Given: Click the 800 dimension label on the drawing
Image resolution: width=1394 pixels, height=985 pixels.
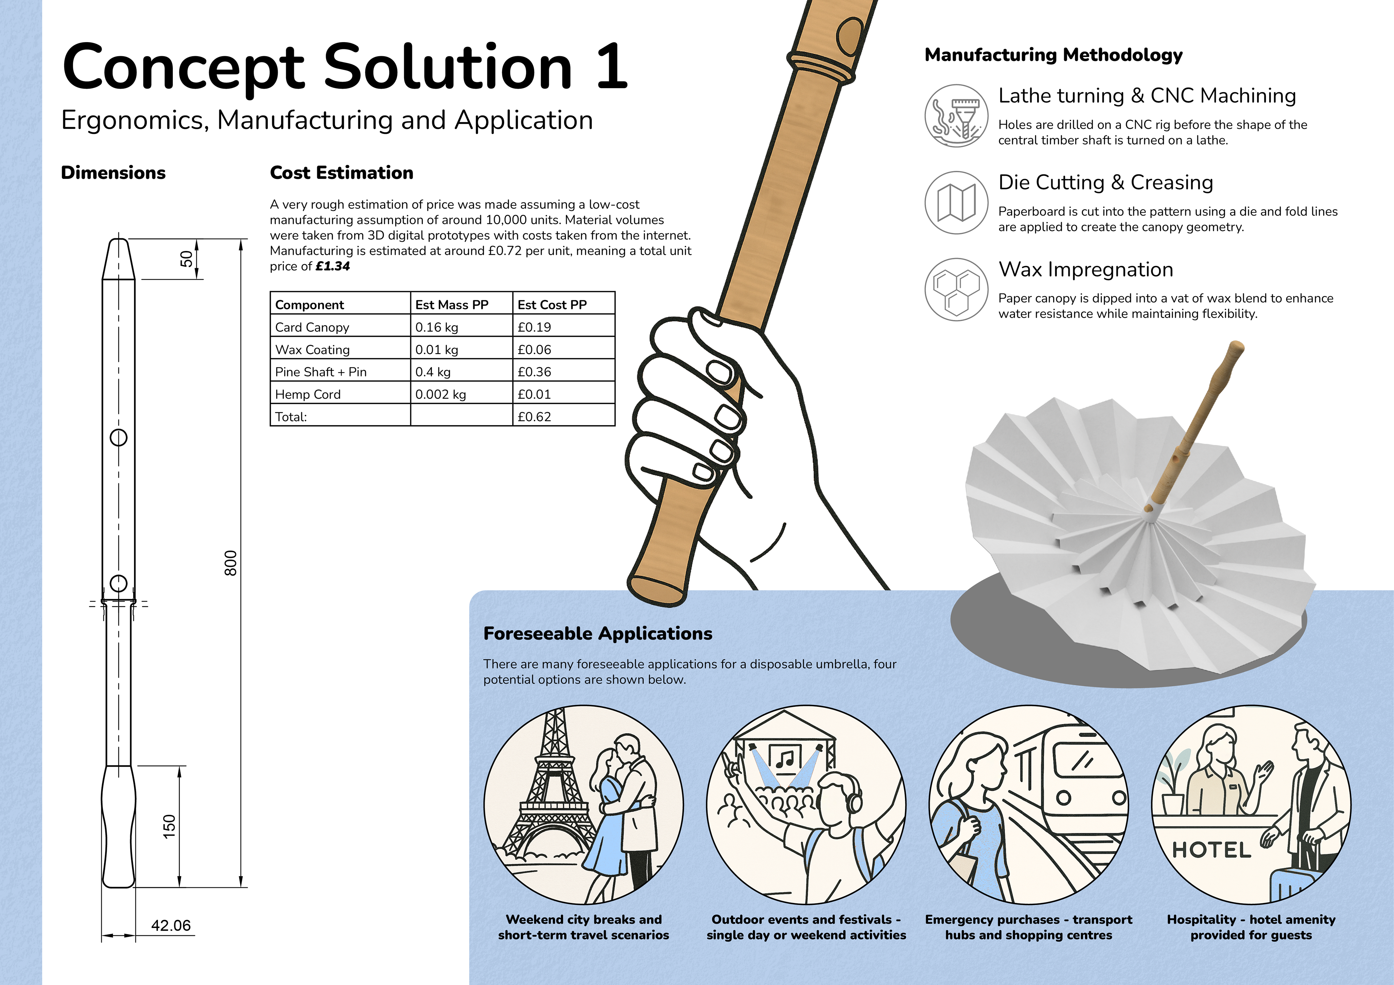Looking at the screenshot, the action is [x=231, y=563].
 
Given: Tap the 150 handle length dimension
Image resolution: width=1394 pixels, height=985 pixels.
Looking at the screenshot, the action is [x=170, y=826].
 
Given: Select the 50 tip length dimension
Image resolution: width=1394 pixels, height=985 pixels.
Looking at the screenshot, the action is [x=186, y=259].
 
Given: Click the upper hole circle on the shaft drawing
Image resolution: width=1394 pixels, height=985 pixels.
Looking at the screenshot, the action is [x=118, y=437].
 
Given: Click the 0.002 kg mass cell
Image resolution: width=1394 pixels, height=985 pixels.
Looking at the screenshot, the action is [x=440, y=394].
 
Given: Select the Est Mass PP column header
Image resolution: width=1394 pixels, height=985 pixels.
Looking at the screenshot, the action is [x=452, y=305].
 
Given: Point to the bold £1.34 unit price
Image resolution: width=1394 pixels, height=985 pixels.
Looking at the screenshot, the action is [x=333, y=266].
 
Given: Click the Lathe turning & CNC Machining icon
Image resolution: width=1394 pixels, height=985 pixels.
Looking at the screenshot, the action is [x=956, y=115].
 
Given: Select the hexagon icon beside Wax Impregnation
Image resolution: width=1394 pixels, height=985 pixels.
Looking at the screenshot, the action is [x=956, y=290].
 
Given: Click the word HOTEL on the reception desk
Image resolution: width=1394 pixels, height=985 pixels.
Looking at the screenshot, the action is [x=1211, y=850].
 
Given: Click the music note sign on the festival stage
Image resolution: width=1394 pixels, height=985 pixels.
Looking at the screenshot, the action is [x=785, y=759].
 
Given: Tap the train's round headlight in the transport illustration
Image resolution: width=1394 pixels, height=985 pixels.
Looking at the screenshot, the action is [x=1063, y=797].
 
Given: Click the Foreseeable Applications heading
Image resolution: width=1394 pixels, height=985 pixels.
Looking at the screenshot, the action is [x=598, y=633].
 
